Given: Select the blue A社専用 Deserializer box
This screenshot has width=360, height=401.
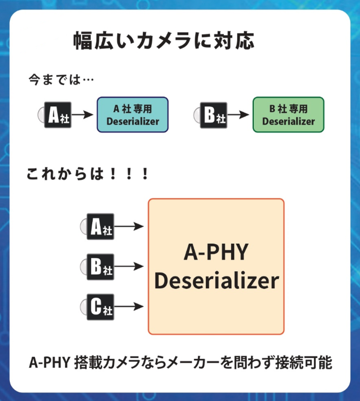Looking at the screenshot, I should pos(133,115).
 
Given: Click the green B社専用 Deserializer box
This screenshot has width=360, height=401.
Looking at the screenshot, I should pos(288,115).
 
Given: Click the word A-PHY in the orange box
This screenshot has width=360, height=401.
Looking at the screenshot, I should pos(216,253).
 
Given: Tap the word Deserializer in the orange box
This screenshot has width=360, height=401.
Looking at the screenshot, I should pos(216,281).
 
